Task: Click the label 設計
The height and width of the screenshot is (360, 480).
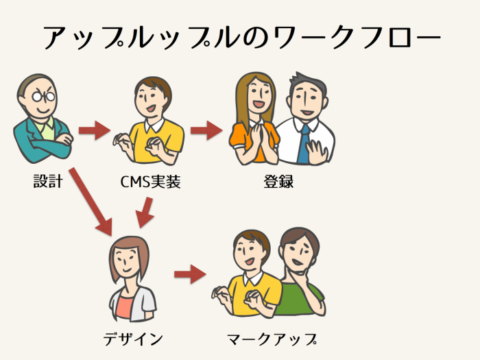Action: (x=48, y=182)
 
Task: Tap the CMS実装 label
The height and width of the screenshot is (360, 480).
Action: (x=150, y=182)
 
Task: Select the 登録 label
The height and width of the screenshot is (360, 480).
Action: (x=278, y=182)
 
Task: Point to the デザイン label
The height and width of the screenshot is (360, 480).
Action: (x=133, y=339)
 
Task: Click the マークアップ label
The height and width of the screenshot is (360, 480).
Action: (x=272, y=339)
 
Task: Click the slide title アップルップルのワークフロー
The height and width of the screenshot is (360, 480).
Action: (x=242, y=37)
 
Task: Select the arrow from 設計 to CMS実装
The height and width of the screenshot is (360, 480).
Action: (x=95, y=130)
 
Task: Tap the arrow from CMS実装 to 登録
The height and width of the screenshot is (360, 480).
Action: (x=206, y=130)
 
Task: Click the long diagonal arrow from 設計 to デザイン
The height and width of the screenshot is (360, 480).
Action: (x=91, y=202)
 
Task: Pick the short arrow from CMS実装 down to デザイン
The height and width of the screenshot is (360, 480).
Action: (x=145, y=213)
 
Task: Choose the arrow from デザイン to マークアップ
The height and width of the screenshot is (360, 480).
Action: (x=190, y=274)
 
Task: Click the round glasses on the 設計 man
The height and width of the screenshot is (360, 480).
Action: (x=44, y=97)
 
